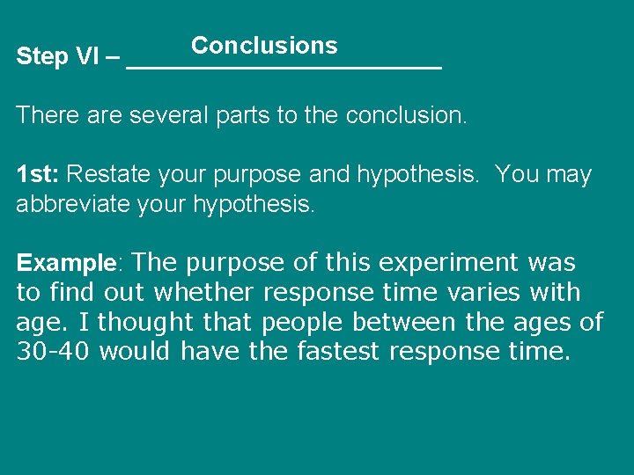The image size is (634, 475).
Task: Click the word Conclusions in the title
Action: [x=264, y=45]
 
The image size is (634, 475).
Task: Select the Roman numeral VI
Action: [x=87, y=57]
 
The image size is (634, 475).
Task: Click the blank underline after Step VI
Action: [x=284, y=65]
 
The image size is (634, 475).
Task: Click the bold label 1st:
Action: [x=38, y=174]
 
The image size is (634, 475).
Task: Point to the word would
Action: [x=136, y=352]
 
